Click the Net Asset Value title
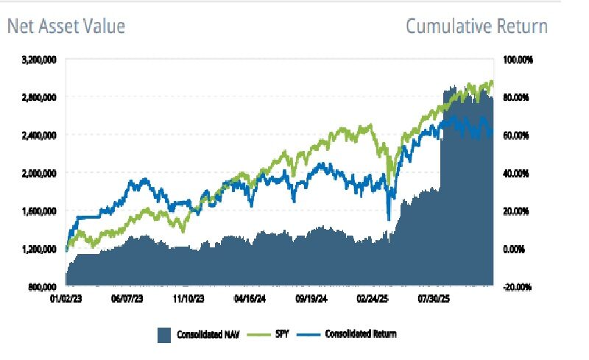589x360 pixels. point(66,27)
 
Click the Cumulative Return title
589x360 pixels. point(476,27)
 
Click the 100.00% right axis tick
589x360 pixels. point(520,59)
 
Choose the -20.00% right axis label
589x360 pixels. point(518,287)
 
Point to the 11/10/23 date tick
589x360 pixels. point(187,301)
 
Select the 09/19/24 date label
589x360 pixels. point(310,301)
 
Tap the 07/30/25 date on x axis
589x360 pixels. point(433,301)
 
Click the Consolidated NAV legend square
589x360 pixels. point(163,335)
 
